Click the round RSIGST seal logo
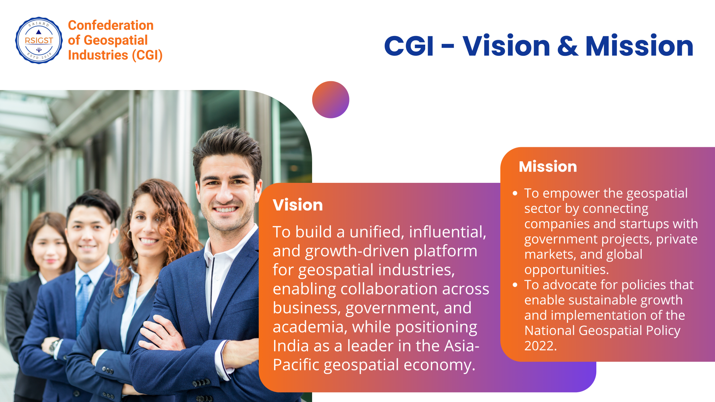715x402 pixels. [x=39, y=40]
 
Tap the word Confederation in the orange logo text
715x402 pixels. [x=111, y=25]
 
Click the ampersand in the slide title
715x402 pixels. [x=568, y=46]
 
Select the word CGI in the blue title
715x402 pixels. [x=409, y=46]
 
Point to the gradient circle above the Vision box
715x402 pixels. [x=331, y=100]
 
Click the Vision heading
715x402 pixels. [x=298, y=205]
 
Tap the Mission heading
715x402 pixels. [x=548, y=166]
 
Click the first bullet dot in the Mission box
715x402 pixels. [x=515, y=193]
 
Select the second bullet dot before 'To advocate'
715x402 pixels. [x=515, y=285]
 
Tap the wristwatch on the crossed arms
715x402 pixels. [x=54, y=347]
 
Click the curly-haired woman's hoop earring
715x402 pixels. [x=130, y=234]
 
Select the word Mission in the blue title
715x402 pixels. [x=639, y=46]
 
